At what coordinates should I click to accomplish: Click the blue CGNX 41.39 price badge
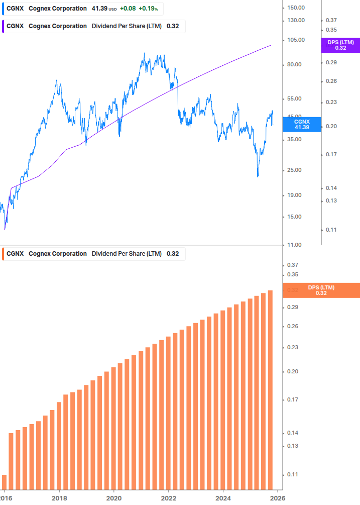pyautogui.click(x=301, y=124)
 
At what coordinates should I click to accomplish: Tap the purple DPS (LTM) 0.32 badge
pyautogui.click(x=340, y=45)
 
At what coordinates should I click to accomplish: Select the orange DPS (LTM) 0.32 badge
pyautogui.click(x=321, y=290)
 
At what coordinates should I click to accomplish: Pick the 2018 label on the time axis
pyautogui.click(x=59, y=497)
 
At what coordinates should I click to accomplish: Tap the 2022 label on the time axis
pyautogui.click(x=169, y=497)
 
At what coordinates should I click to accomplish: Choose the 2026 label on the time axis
pyautogui.click(x=278, y=497)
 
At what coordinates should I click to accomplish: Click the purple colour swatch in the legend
pyautogui.click(x=4, y=26)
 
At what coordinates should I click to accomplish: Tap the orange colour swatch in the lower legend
pyautogui.click(x=4, y=254)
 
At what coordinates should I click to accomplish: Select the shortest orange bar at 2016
pyautogui.click(x=5, y=482)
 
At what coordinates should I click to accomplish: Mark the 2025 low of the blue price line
pyautogui.click(x=258, y=176)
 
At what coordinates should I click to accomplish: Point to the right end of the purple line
pyautogui.click(x=271, y=45)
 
